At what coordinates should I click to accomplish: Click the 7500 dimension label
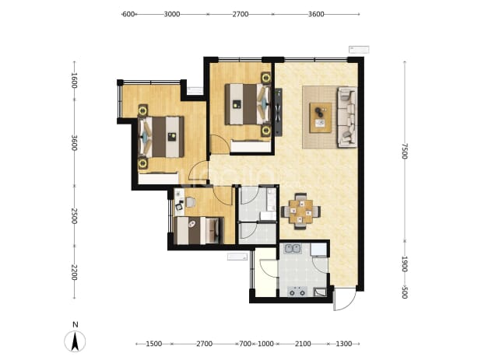pyautogui.click(x=405, y=151)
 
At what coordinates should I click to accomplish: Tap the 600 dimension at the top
pyautogui.click(x=128, y=14)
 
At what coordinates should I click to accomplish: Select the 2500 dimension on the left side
pyautogui.click(x=74, y=216)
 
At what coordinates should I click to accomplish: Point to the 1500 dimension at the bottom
pyautogui.click(x=153, y=344)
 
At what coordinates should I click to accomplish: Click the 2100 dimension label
pyautogui.click(x=303, y=344)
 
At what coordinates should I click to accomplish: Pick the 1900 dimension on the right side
pyautogui.click(x=405, y=264)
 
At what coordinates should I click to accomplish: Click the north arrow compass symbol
pyautogui.click(x=75, y=341)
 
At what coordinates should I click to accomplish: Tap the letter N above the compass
pyautogui.click(x=75, y=325)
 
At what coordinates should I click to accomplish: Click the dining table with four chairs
pyautogui.click(x=300, y=211)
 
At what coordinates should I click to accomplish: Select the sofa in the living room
pyautogui.click(x=347, y=117)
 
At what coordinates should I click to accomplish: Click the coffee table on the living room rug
pyautogui.click(x=321, y=118)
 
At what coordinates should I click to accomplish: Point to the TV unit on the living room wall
pyautogui.click(x=278, y=112)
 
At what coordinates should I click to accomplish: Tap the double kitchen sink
pyautogui.click(x=293, y=248)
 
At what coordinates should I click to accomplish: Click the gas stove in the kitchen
pyautogui.click(x=297, y=292)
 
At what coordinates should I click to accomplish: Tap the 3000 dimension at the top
pyautogui.click(x=172, y=14)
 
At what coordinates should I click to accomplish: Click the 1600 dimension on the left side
pyautogui.click(x=74, y=80)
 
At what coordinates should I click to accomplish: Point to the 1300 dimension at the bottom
pyautogui.click(x=343, y=344)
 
